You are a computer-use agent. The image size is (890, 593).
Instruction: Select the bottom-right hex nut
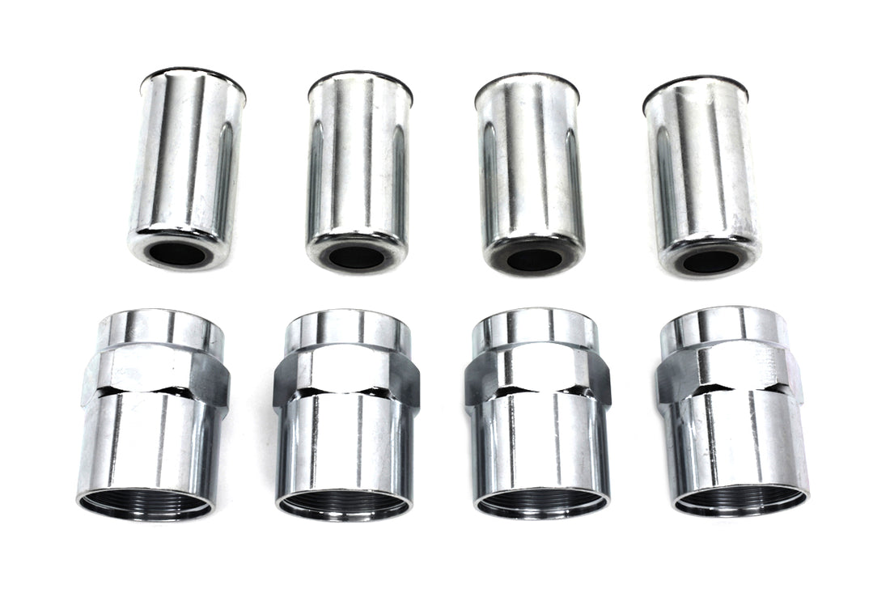732,413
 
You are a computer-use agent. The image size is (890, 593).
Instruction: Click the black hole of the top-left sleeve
178,253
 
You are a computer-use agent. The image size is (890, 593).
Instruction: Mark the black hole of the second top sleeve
357,257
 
